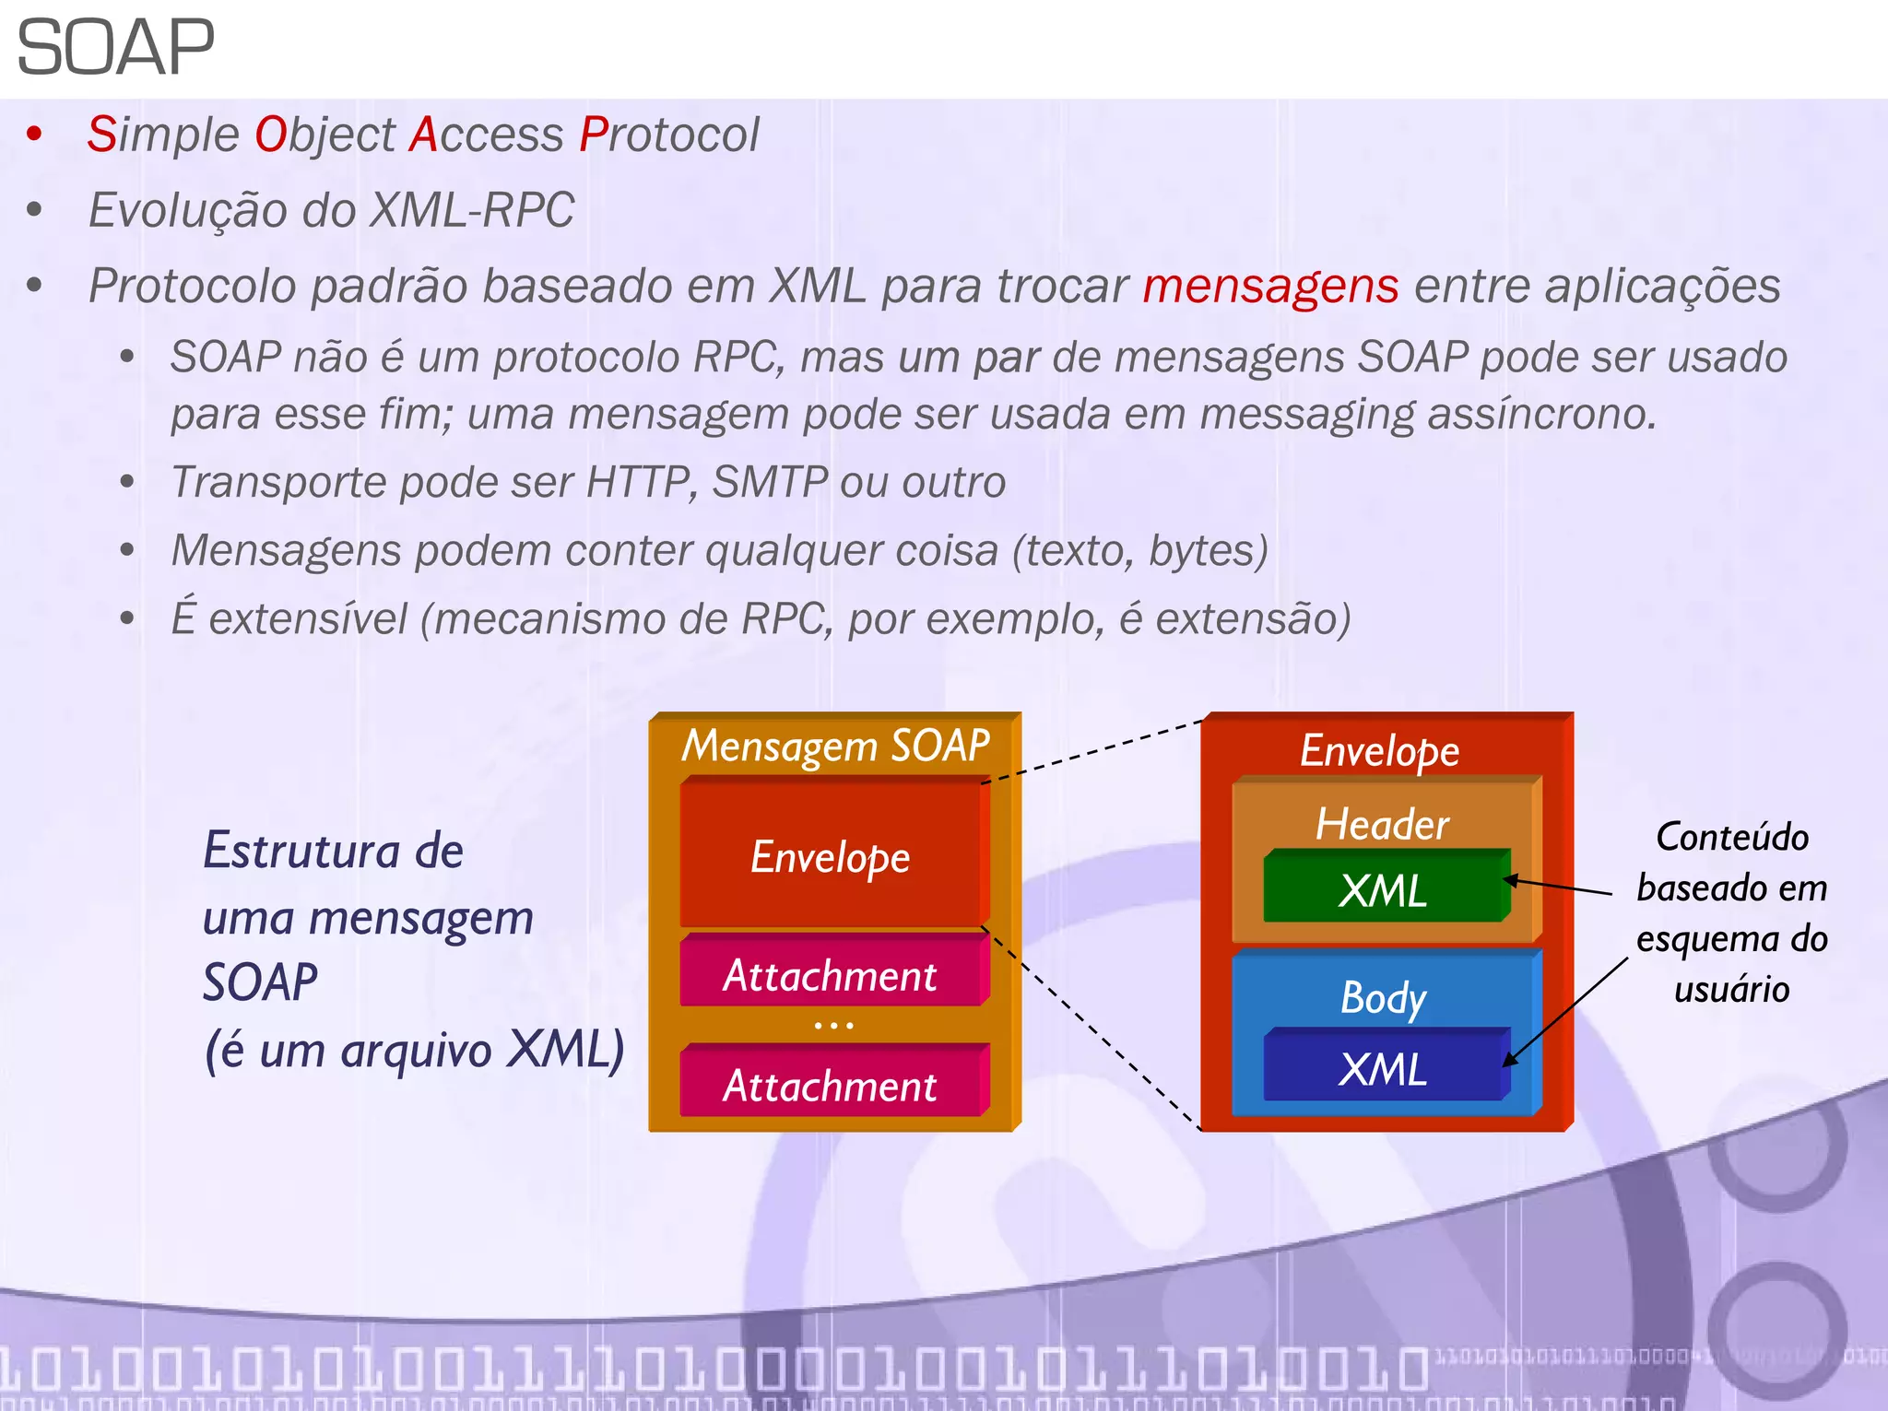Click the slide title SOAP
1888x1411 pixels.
[x=115, y=48]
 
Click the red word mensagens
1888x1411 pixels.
[x=1270, y=286]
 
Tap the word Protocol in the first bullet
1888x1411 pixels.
[x=669, y=135]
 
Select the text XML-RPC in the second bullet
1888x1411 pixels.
[x=471, y=210]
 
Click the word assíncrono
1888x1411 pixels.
[x=1541, y=414]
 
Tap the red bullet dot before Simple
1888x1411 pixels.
[x=35, y=135]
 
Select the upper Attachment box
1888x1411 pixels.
[x=830, y=975]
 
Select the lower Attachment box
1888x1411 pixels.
[x=830, y=1085]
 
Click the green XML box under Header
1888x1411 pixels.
[x=1383, y=890]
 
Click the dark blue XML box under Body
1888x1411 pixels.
[x=1383, y=1069]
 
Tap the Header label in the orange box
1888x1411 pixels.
[x=1382, y=823]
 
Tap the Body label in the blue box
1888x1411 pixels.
[x=1383, y=997]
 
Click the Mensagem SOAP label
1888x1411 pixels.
[x=835, y=746]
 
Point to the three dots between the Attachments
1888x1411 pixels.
[x=833, y=1025]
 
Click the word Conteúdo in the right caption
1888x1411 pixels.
[x=1731, y=837]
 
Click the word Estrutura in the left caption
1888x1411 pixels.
[x=300, y=850]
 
